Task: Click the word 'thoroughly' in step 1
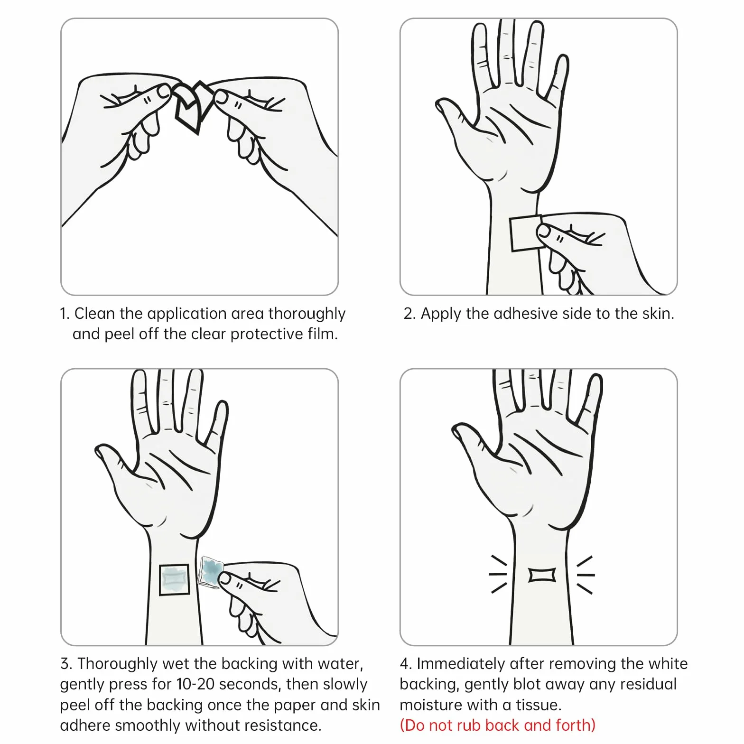point(307,314)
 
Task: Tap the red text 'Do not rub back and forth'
point(498,725)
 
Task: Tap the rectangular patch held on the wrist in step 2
point(525,233)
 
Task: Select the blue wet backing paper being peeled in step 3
point(210,572)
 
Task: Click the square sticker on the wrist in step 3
point(174,579)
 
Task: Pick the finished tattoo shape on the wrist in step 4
point(542,575)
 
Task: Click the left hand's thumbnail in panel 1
point(164,91)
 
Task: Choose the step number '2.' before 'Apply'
point(409,314)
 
